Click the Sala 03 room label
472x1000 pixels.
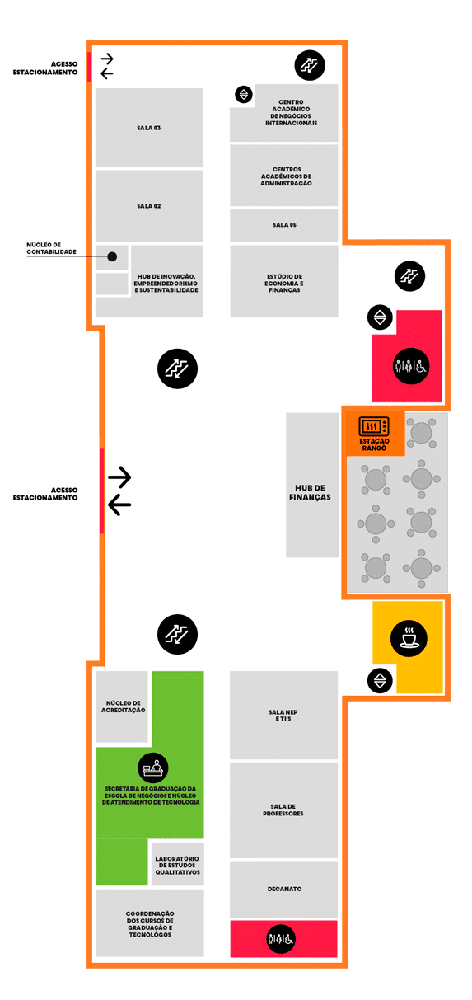pyautogui.click(x=148, y=128)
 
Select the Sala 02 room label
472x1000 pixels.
pyautogui.click(x=148, y=206)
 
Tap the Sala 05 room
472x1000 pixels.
pyautogui.click(x=284, y=225)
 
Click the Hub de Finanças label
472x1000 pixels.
pyautogui.click(x=310, y=492)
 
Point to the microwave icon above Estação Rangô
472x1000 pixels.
pyautogui.click(x=374, y=426)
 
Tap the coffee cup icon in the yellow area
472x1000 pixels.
pyautogui.click(x=409, y=638)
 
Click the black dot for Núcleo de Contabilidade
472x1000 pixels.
pyautogui.click(x=112, y=256)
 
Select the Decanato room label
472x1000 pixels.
pyautogui.click(x=284, y=889)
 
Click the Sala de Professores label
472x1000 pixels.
pyautogui.click(x=283, y=810)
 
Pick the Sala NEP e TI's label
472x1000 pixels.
pyautogui.click(x=283, y=716)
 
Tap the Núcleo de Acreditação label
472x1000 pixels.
pyautogui.click(x=123, y=707)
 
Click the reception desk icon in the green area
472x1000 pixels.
pyautogui.click(x=153, y=768)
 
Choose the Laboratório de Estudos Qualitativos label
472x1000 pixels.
pyautogui.click(x=178, y=865)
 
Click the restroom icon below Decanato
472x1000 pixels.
pyautogui.click(x=281, y=939)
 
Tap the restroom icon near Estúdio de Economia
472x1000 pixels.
pyautogui.click(x=411, y=366)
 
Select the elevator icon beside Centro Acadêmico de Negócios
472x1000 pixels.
pyautogui.click(x=244, y=94)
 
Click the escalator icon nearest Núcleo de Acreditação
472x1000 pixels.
pyautogui.click(x=177, y=634)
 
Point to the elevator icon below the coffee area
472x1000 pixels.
pyautogui.click(x=380, y=681)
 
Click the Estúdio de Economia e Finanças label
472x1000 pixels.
pyautogui.click(x=284, y=283)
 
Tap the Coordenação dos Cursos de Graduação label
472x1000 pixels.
pyautogui.click(x=150, y=924)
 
